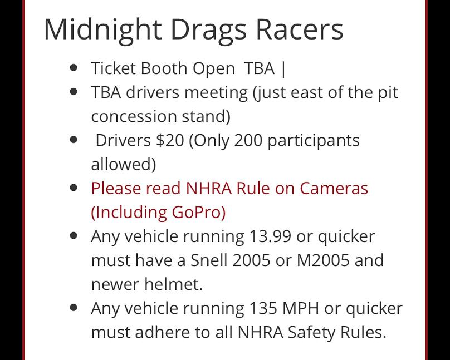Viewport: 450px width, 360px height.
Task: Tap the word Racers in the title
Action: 299,29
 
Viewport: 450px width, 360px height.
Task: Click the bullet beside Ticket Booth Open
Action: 74,68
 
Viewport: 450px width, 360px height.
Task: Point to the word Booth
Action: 164,68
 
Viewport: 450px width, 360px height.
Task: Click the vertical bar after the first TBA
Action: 283,70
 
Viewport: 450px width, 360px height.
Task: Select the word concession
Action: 134,116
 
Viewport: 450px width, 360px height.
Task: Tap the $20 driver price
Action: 170,140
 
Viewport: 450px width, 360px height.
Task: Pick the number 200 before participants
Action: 248,140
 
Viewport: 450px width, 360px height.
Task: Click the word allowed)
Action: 124,164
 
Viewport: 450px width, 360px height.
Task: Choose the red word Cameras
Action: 334,188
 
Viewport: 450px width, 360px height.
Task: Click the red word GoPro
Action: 199,213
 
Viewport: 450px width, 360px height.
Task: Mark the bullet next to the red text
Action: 74,188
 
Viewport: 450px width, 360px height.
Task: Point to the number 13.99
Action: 270,236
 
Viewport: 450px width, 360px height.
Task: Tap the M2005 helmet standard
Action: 323,260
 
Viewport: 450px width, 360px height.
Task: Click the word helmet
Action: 173,284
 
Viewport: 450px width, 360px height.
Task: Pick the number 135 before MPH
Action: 263,308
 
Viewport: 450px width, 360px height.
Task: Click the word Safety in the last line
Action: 311,333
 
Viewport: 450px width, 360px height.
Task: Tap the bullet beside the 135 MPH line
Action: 74,307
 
